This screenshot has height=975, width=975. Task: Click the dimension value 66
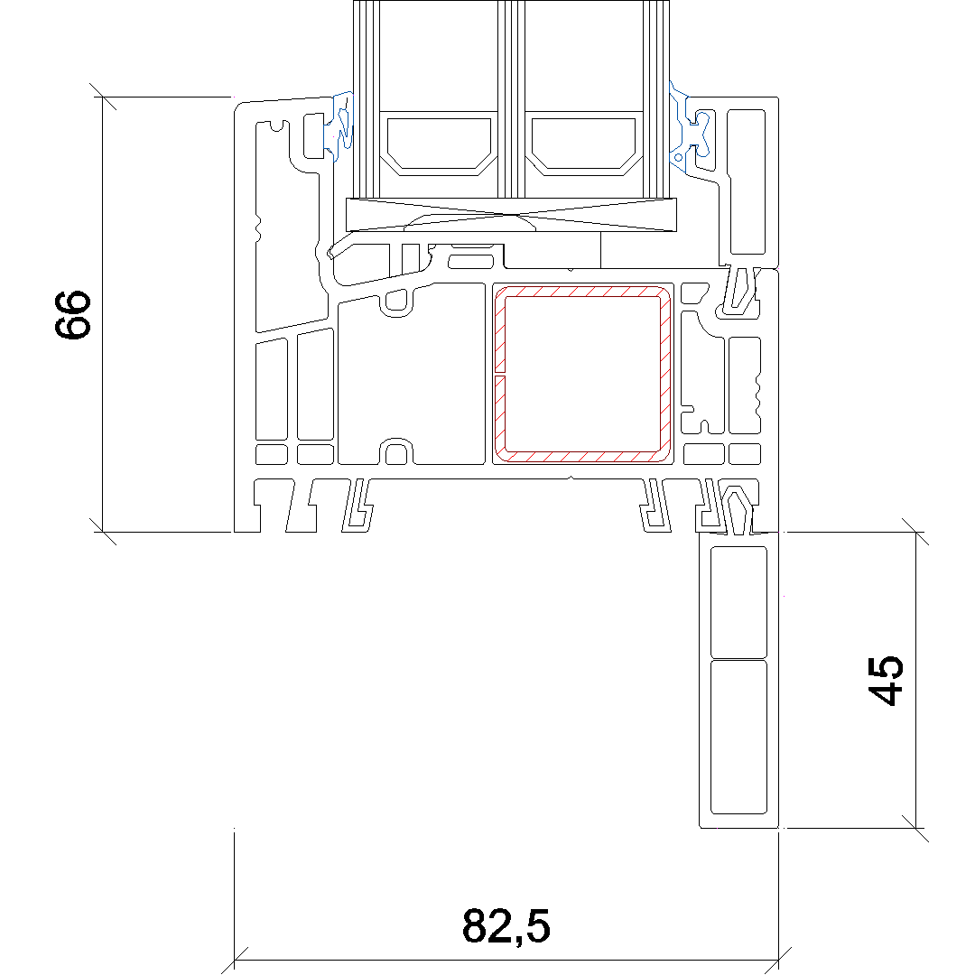click(x=73, y=315)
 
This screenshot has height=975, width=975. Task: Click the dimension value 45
click(x=887, y=681)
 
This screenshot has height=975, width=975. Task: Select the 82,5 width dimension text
click(x=506, y=926)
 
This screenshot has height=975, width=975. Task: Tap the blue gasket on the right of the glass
click(x=688, y=127)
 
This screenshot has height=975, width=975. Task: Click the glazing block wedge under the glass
click(x=511, y=215)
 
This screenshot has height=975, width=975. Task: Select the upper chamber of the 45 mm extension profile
click(x=738, y=601)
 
